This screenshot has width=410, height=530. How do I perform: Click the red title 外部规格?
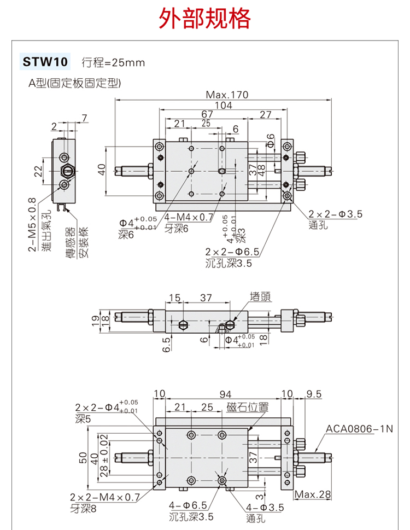[x=205, y=19]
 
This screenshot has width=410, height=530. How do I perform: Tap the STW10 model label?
[x=45, y=62]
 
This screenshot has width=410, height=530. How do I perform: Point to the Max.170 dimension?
[x=227, y=95]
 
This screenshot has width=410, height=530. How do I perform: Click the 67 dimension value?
[x=207, y=114]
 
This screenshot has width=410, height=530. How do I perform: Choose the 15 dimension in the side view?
[x=174, y=298]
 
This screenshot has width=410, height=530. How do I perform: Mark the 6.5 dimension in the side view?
[x=167, y=344]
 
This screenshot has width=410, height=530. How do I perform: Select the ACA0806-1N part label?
[x=360, y=429]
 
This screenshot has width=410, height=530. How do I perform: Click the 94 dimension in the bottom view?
[x=224, y=394]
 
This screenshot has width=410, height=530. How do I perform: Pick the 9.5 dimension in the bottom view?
[x=314, y=394]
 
